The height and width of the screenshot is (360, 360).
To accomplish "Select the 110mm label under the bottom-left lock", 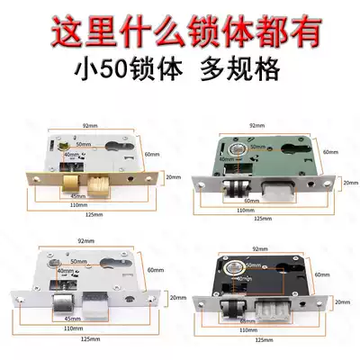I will click(79, 329).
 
